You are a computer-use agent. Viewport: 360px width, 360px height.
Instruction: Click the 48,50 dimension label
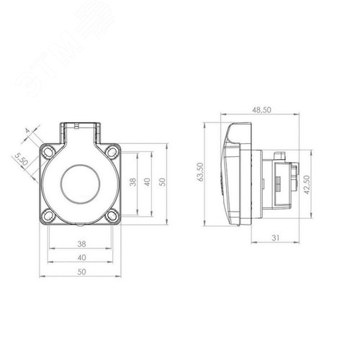pos(261,110)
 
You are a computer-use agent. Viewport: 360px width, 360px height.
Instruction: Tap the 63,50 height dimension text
pos(200,171)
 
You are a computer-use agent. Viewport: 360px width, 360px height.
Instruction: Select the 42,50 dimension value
pos(307,184)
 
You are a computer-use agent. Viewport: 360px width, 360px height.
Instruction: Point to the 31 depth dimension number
pos(276,238)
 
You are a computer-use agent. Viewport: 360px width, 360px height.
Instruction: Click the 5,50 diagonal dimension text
pos(21,160)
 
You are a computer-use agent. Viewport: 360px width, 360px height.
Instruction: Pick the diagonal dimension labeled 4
pos(28,131)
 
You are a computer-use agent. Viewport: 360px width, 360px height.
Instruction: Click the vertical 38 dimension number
pos(133,182)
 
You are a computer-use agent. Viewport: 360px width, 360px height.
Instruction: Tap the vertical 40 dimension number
pos(147,182)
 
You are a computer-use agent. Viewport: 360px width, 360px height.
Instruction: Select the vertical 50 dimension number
pos(162,182)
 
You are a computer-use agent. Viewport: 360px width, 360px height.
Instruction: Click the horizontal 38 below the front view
pos(81,244)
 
